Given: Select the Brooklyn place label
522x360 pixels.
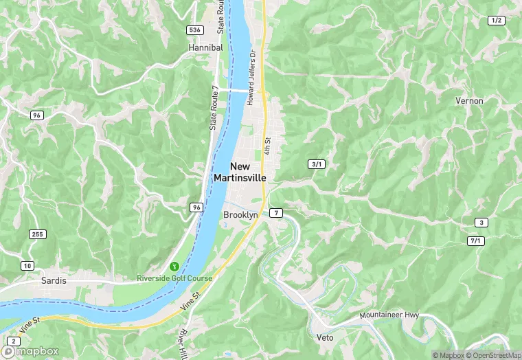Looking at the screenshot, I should click(x=240, y=215).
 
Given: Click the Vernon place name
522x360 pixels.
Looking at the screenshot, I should click(x=469, y=101).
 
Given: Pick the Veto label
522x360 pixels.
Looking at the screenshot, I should click(x=325, y=338).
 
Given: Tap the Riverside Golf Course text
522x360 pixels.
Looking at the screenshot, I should click(x=174, y=278).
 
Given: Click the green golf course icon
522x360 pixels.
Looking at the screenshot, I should click(x=174, y=266).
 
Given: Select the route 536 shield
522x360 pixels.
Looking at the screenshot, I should click(x=195, y=30).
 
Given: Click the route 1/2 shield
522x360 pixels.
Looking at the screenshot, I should click(x=496, y=21).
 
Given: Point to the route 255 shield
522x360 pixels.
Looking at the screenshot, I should click(x=38, y=234).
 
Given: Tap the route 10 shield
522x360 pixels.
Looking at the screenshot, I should click(x=27, y=265).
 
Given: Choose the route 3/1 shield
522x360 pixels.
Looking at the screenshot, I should click(x=317, y=164).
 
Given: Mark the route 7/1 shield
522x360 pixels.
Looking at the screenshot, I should click(x=475, y=240).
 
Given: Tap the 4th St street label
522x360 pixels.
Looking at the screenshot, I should click(x=267, y=145).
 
